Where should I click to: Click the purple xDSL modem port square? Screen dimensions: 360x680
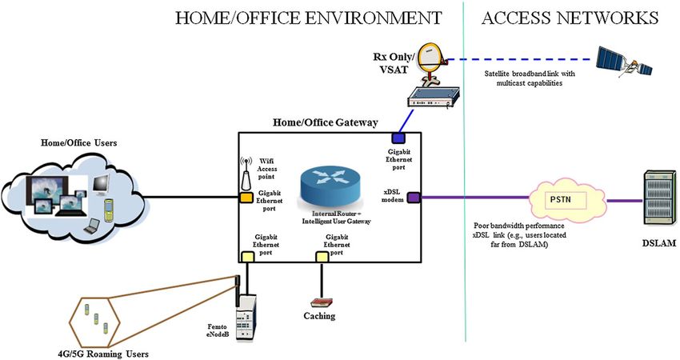point(414,198)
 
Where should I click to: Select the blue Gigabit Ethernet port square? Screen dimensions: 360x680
point(396,138)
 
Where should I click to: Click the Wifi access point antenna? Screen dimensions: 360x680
point(246,173)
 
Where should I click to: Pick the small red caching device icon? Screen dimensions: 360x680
point(322,303)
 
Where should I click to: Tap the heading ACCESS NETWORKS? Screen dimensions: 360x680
point(570,17)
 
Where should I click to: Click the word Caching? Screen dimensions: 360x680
point(321,317)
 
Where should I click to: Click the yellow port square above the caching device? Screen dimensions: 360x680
point(322,256)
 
